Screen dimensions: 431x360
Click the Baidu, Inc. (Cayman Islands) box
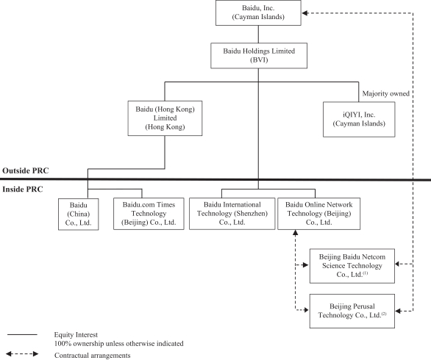tap(258, 12)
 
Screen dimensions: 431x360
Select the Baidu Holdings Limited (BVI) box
tap(259, 55)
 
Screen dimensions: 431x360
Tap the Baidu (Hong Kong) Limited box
tap(165, 118)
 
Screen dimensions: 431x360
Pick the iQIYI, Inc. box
tap(359, 119)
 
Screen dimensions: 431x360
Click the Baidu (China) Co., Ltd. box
tap(79, 214)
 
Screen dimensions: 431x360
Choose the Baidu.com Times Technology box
tap(149, 214)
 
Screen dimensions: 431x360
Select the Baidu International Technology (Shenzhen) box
tap(232, 214)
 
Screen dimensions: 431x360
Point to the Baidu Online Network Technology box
tap(319, 214)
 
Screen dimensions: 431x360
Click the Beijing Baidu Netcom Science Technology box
tap(352, 266)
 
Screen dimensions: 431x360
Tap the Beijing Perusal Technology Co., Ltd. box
tap(352, 311)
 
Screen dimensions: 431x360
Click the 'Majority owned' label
tap(385, 93)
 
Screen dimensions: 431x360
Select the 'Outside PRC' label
tap(26, 170)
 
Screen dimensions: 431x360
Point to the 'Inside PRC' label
tap(23, 190)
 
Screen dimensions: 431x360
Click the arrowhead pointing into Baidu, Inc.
tap(304, 13)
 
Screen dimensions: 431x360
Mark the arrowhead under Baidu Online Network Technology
tap(295, 233)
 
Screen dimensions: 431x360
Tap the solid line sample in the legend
tap(22, 335)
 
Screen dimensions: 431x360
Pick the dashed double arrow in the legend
tap(22, 353)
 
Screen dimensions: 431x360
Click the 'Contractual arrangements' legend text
tap(93, 356)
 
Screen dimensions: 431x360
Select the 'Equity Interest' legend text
tap(76, 335)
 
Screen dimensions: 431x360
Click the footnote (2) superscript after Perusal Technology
tap(384, 314)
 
